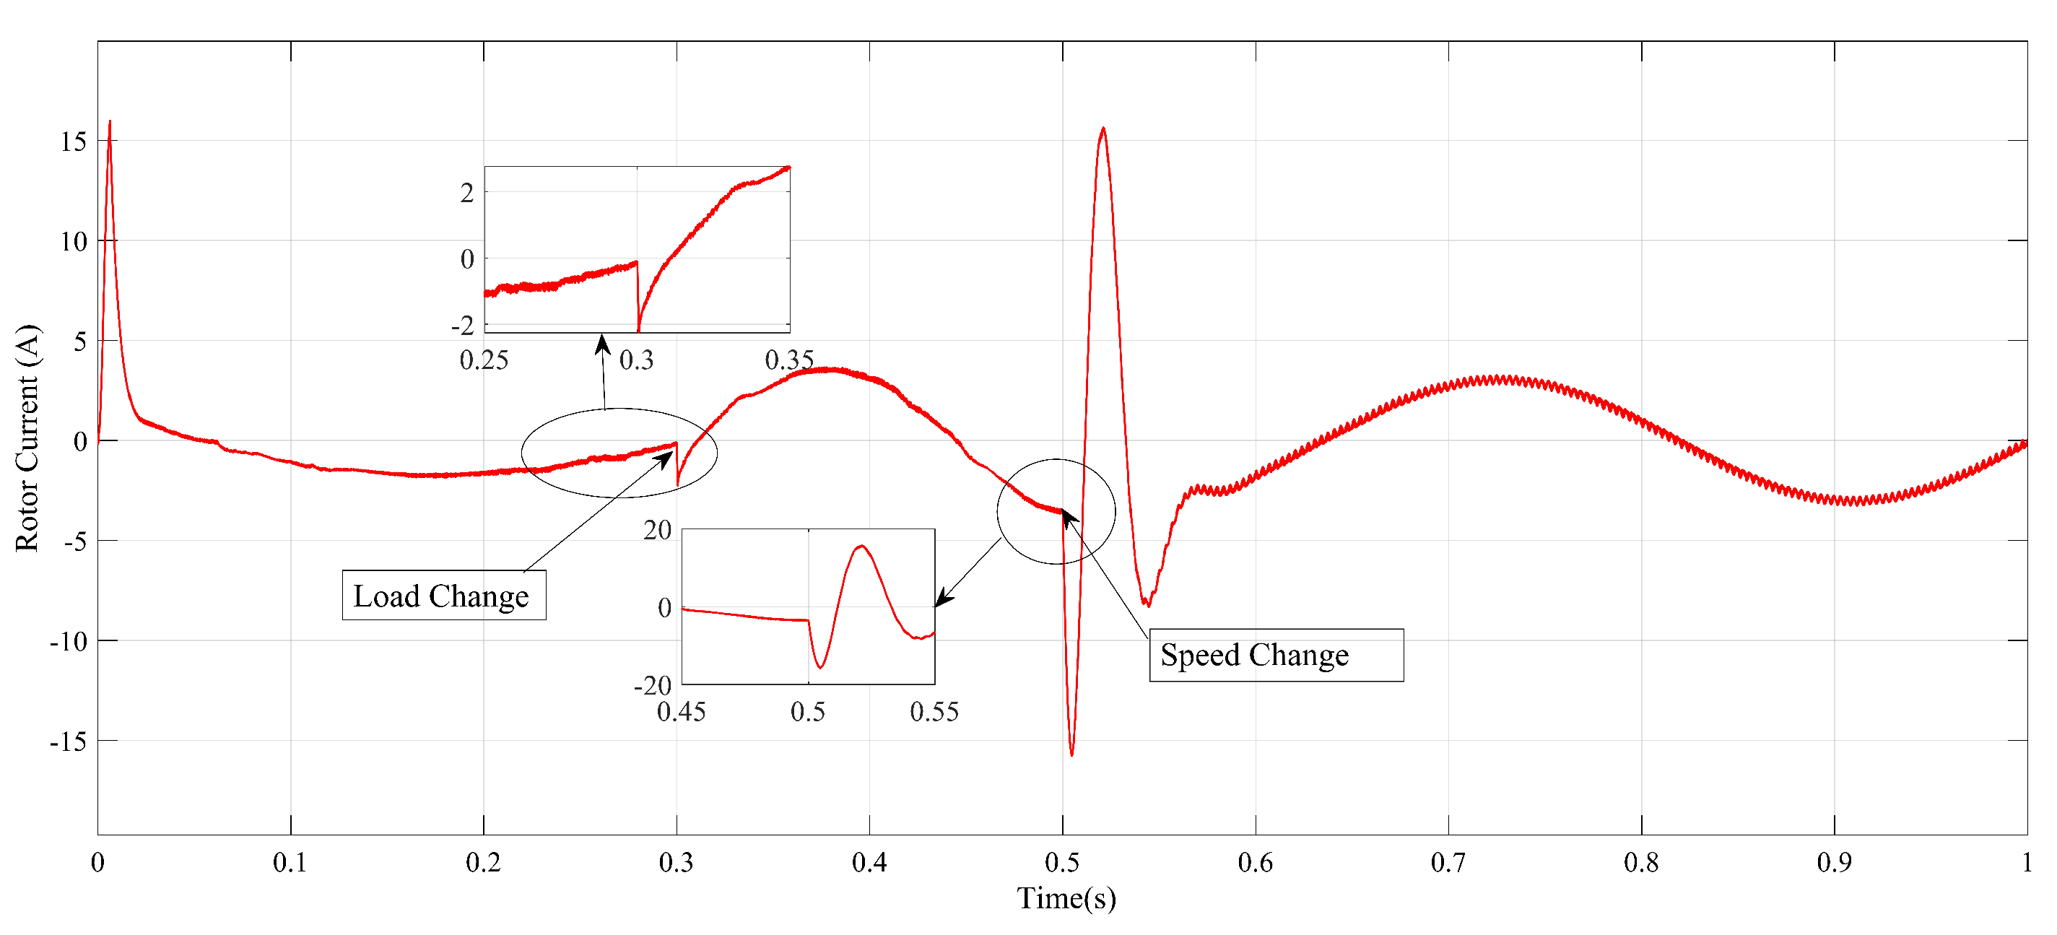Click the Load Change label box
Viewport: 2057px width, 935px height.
coord(443,595)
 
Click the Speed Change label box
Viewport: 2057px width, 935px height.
coord(1275,655)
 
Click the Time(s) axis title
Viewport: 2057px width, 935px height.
coord(1066,897)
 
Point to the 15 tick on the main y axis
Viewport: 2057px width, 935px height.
coord(74,142)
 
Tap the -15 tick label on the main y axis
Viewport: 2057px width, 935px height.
coord(68,742)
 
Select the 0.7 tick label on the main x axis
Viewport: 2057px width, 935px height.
coord(1447,862)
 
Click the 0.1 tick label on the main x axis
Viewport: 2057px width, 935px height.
coord(290,862)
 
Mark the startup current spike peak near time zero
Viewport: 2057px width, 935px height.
coord(110,122)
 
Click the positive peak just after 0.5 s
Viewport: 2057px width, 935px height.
coord(1103,128)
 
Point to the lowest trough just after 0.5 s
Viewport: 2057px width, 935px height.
coord(1071,754)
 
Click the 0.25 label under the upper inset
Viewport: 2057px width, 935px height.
coord(484,360)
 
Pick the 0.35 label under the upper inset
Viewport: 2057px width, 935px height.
coord(789,360)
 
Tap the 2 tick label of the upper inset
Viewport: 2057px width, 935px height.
coord(467,193)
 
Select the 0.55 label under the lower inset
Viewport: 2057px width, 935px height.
coord(934,711)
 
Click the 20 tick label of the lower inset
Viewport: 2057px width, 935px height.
coord(657,530)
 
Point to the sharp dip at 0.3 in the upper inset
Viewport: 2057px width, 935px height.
coord(639,330)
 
